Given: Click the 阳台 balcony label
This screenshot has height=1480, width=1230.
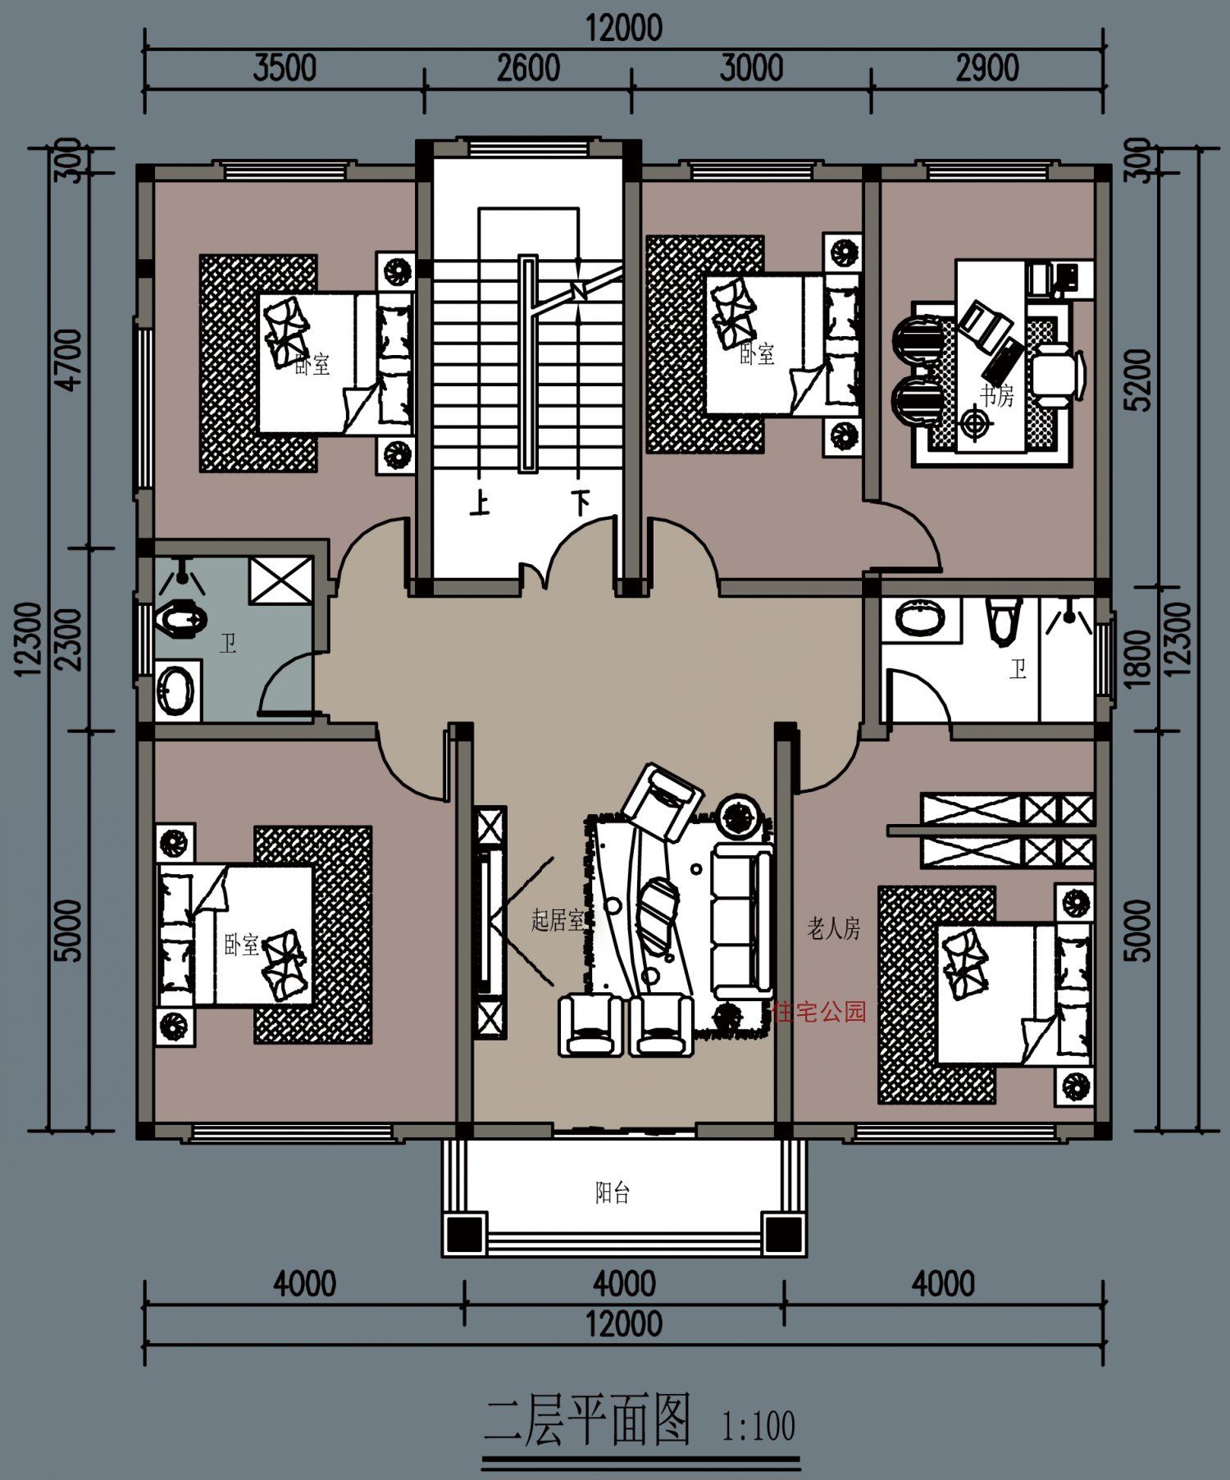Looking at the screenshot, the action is (x=612, y=1193).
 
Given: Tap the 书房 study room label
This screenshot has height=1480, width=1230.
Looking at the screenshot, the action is (x=996, y=396).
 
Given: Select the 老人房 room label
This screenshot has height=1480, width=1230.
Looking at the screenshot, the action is (x=833, y=929).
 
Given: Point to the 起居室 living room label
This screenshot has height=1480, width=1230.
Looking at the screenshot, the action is (x=557, y=920).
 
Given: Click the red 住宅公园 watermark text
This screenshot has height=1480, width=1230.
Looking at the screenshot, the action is (x=819, y=1012).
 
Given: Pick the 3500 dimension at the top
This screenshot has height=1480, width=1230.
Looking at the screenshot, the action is (x=284, y=68).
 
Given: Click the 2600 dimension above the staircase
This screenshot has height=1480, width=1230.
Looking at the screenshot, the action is (x=528, y=68).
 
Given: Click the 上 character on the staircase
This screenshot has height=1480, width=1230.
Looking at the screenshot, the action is (x=480, y=502).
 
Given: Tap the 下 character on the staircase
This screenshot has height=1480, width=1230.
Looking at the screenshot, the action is (x=581, y=502).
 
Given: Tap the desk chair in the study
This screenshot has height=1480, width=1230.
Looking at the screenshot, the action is (x=1058, y=375).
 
